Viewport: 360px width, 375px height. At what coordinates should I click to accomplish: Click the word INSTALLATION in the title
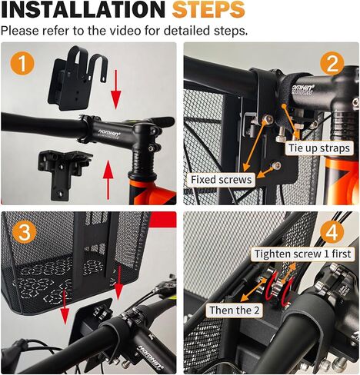tap(83, 9)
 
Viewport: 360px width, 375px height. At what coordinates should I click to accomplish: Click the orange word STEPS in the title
tap(208, 9)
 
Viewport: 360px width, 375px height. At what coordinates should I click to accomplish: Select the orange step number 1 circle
tap(22, 63)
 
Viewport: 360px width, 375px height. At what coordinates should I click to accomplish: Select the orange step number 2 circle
tap(332, 63)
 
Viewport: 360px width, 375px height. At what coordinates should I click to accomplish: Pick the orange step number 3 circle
tap(25, 232)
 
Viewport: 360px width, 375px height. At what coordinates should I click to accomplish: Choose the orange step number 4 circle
tap(332, 233)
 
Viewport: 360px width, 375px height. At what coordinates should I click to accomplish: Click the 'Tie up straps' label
tap(319, 148)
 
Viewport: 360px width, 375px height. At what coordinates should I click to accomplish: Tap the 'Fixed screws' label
tap(221, 180)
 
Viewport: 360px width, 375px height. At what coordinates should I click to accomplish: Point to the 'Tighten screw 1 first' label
tap(302, 254)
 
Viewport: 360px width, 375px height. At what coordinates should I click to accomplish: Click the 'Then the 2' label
tap(235, 310)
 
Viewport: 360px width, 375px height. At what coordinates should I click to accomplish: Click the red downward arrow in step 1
tap(116, 89)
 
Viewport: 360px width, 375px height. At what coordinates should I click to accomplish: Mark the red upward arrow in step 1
tap(108, 180)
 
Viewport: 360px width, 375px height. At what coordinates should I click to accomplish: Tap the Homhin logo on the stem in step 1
tap(109, 134)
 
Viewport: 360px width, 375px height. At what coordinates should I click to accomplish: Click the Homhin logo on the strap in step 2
tap(302, 89)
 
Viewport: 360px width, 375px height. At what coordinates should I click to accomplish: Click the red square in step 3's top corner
tap(163, 220)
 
